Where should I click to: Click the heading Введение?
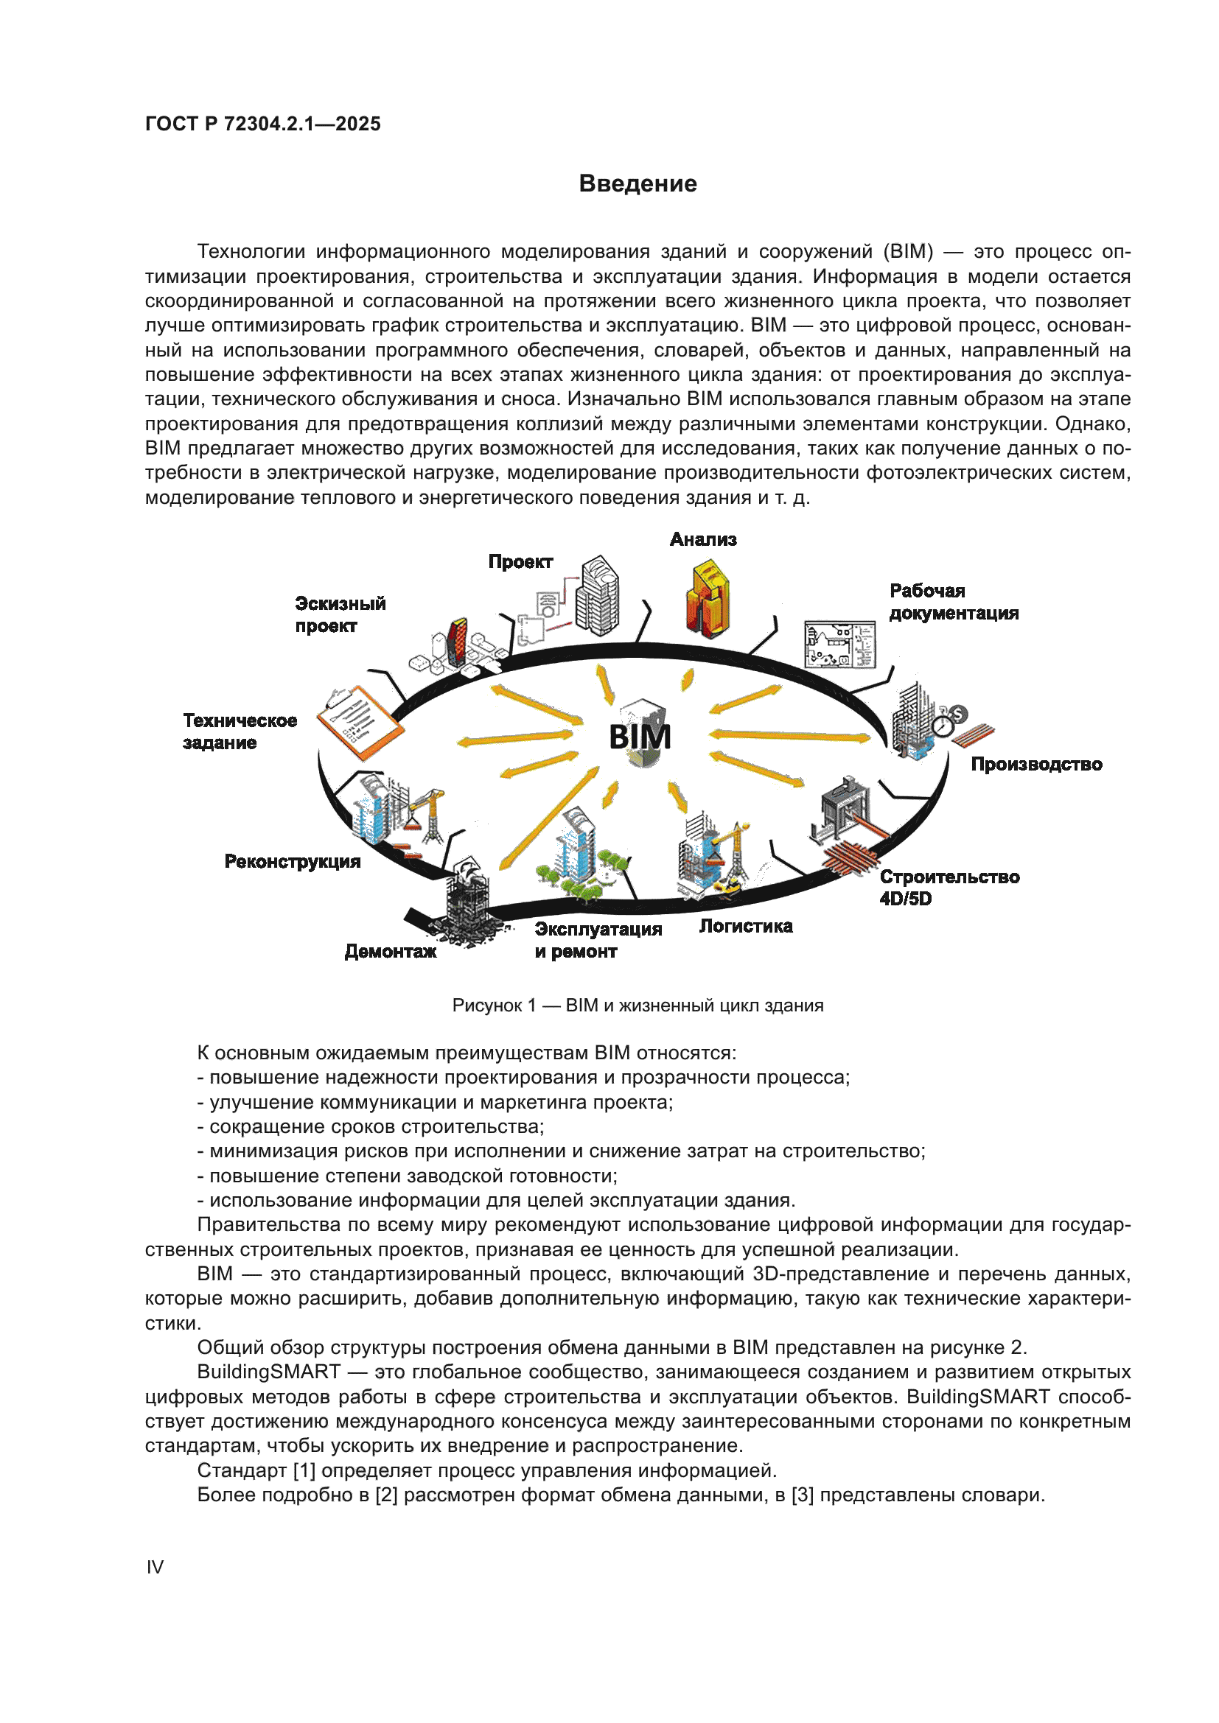pos(638,184)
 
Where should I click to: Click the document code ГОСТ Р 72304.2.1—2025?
pos(262,124)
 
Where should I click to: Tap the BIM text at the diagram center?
pos(640,736)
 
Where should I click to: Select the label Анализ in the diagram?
pos(702,539)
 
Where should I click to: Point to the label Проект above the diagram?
pos(520,562)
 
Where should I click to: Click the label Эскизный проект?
pos(340,614)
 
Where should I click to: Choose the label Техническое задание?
pos(240,731)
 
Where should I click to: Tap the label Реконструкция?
pos(292,862)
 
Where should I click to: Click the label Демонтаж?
pos(391,952)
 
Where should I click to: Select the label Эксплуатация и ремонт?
pos(598,940)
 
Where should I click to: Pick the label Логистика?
pos(745,927)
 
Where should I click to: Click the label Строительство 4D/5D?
pos(949,888)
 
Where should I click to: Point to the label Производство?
pos(1035,765)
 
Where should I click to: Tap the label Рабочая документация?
pos(953,603)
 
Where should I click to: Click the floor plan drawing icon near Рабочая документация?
pos(839,644)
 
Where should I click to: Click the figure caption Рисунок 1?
pos(638,1006)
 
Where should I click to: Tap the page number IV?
pos(155,1567)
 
